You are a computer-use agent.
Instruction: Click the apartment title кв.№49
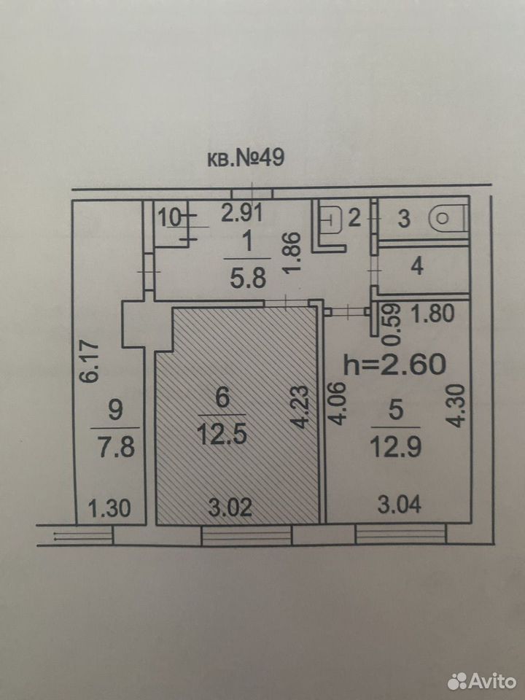click(246, 158)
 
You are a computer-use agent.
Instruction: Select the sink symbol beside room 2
click(331, 219)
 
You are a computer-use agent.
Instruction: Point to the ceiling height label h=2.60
click(394, 363)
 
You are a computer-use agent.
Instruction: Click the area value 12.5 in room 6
click(222, 433)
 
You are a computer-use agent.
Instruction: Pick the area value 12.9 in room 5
click(397, 446)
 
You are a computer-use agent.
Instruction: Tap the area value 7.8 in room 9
click(116, 447)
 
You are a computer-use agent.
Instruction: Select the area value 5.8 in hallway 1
click(248, 279)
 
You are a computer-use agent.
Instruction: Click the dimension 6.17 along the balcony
click(90, 361)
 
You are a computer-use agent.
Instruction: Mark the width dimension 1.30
click(109, 508)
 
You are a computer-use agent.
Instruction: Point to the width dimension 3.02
click(230, 507)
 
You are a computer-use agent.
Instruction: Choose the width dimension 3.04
click(399, 505)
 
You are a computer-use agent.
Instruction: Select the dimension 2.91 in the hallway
click(242, 213)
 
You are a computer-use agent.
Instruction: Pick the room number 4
click(417, 267)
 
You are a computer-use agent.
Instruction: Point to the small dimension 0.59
click(393, 324)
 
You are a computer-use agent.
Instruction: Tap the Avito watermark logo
click(482, 680)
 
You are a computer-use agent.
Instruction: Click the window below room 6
click(246, 535)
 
